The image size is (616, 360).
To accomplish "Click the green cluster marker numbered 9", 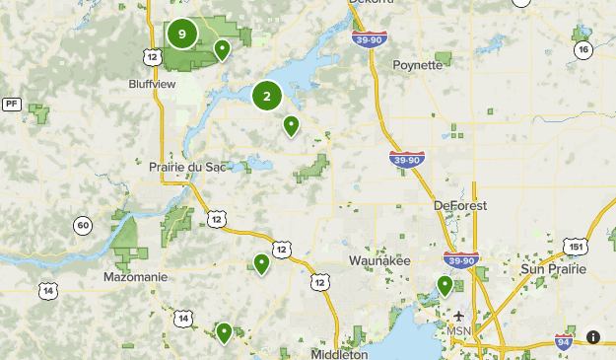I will [181, 34].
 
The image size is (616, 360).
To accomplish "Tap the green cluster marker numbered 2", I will [267, 97].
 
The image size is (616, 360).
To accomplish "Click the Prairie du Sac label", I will [188, 167].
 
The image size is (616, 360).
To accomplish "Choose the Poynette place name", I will [419, 65].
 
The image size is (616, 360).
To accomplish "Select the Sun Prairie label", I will [552, 269].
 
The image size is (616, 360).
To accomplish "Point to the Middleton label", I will [338, 353].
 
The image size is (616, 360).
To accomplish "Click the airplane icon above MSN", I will [459, 316].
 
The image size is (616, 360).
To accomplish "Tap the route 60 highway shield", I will [83, 227].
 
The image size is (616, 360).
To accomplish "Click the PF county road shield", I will [12, 103].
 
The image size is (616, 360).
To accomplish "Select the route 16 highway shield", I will [583, 49].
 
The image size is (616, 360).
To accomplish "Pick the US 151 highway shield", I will [574, 246].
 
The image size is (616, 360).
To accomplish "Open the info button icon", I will [593, 337].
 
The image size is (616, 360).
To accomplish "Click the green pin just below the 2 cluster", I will [291, 124].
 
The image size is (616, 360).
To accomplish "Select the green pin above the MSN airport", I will [445, 285].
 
